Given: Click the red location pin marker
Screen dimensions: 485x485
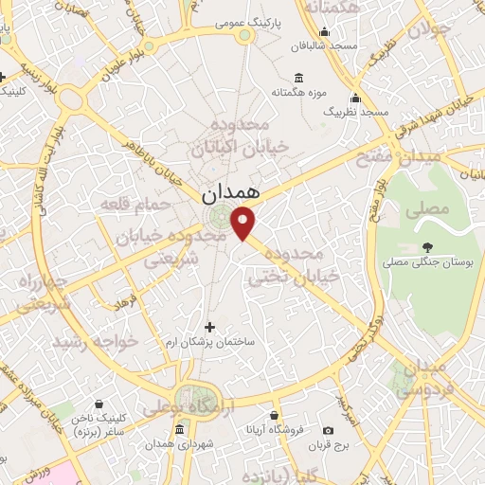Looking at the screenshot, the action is (244, 224).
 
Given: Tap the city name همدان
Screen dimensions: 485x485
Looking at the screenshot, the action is (229, 192).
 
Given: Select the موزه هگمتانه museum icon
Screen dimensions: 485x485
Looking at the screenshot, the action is (299, 78).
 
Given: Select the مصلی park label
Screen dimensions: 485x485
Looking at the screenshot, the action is (426, 210).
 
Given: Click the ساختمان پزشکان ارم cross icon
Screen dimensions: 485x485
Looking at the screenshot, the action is (209, 327).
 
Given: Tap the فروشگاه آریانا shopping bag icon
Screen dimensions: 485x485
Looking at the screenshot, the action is (275, 416).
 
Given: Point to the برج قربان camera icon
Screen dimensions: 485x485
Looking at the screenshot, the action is (329, 430).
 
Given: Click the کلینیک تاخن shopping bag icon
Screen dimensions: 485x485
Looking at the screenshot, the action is (99, 403).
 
